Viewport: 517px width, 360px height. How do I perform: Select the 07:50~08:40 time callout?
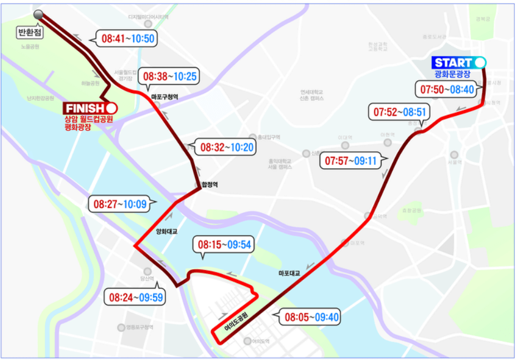[446, 89]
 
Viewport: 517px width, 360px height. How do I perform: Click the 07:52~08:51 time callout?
[399, 112]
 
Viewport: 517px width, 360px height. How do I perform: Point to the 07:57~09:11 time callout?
[351, 161]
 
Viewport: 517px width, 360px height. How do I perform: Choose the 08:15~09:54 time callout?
[223, 244]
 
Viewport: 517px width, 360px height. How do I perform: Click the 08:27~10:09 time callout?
[120, 204]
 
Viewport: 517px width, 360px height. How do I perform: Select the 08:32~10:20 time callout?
[227, 148]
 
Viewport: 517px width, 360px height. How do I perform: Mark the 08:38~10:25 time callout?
[170, 76]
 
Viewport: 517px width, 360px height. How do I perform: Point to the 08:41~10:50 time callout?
[128, 38]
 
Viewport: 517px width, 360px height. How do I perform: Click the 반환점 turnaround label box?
[30, 33]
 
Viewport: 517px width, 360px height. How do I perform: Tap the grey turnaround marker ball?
[38, 14]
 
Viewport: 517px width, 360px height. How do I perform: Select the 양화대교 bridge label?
[167, 231]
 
